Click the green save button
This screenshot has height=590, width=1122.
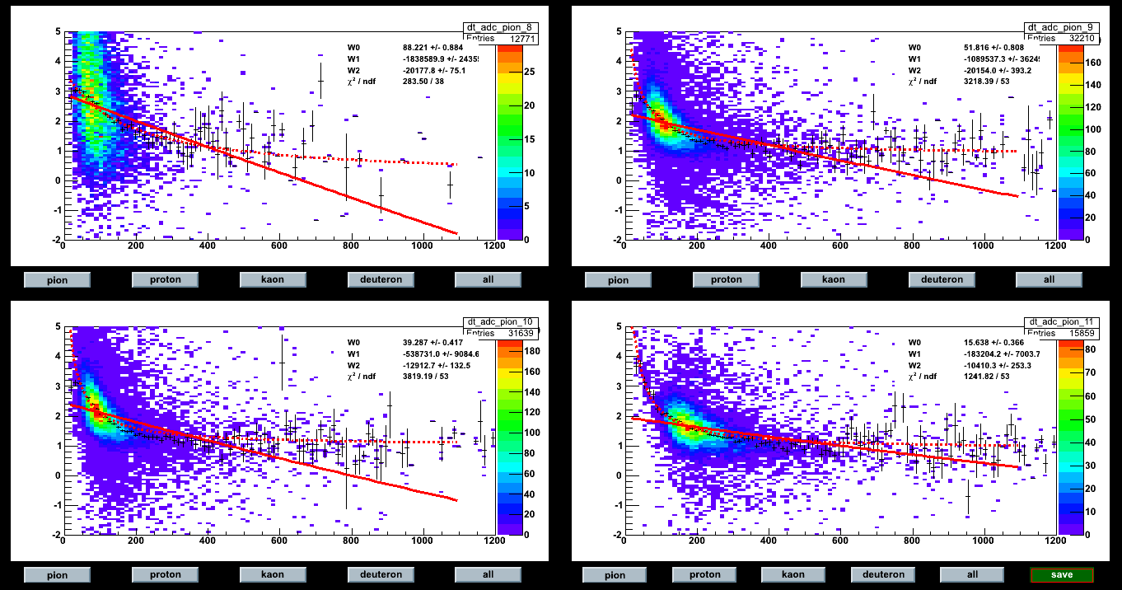pyautogui.click(x=1062, y=575)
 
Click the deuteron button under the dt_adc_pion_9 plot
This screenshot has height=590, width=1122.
pyautogui.click(x=942, y=279)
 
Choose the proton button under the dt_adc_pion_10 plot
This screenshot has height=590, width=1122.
pyautogui.click(x=165, y=574)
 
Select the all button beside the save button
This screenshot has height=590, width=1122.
pyautogui.click(x=973, y=574)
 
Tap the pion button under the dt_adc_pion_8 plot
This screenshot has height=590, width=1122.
pyautogui.click(x=57, y=279)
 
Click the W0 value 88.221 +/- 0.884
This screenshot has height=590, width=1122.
pyautogui.click(x=441, y=47)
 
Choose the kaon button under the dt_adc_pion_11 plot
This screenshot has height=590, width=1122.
pyautogui.click(x=793, y=574)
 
